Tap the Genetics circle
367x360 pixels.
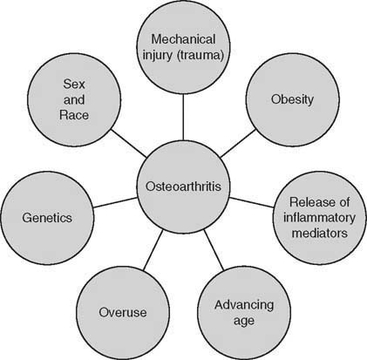pyautogui.click(x=46, y=216)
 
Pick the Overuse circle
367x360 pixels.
pyautogui.click(x=122, y=310)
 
